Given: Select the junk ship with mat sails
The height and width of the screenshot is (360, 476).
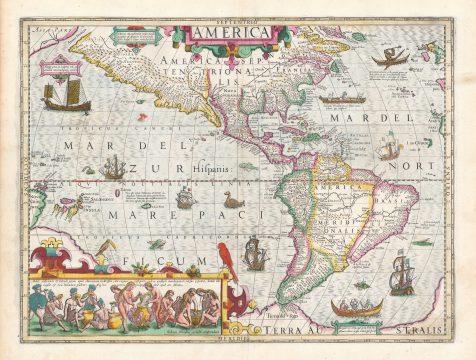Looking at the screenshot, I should pyautogui.click(x=65, y=96).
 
